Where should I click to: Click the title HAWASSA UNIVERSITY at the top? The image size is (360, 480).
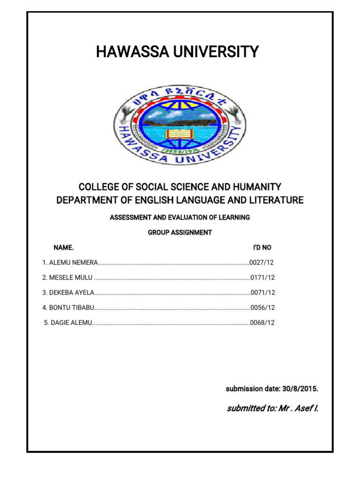177,52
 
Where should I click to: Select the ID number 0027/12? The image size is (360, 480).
262,262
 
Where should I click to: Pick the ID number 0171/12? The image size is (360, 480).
263,277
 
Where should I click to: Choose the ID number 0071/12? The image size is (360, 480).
263,292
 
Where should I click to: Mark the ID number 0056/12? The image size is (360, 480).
263,307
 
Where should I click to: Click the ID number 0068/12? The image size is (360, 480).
263,322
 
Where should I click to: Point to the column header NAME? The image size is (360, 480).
64,247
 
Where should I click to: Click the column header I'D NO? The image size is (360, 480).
262,247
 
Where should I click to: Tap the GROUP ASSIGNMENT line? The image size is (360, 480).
180,232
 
